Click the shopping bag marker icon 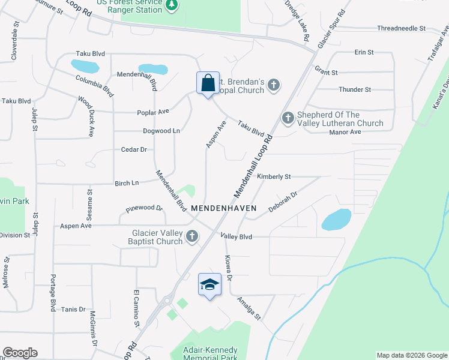point(208,84)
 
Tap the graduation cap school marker point(209,285)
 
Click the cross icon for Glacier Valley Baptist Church point(192,236)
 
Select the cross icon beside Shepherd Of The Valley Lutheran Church point(288,118)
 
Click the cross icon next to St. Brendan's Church point(274,85)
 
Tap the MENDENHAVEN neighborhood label point(224,208)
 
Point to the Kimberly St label point(274,177)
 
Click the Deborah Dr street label point(283,202)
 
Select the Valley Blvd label point(236,236)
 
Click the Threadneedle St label point(401,28)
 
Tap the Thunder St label point(355,89)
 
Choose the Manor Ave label point(345,131)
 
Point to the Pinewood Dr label point(144,209)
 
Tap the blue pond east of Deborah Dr point(336,220)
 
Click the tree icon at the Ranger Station point(172,5)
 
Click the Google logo point(20,353)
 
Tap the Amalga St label point(249,308)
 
